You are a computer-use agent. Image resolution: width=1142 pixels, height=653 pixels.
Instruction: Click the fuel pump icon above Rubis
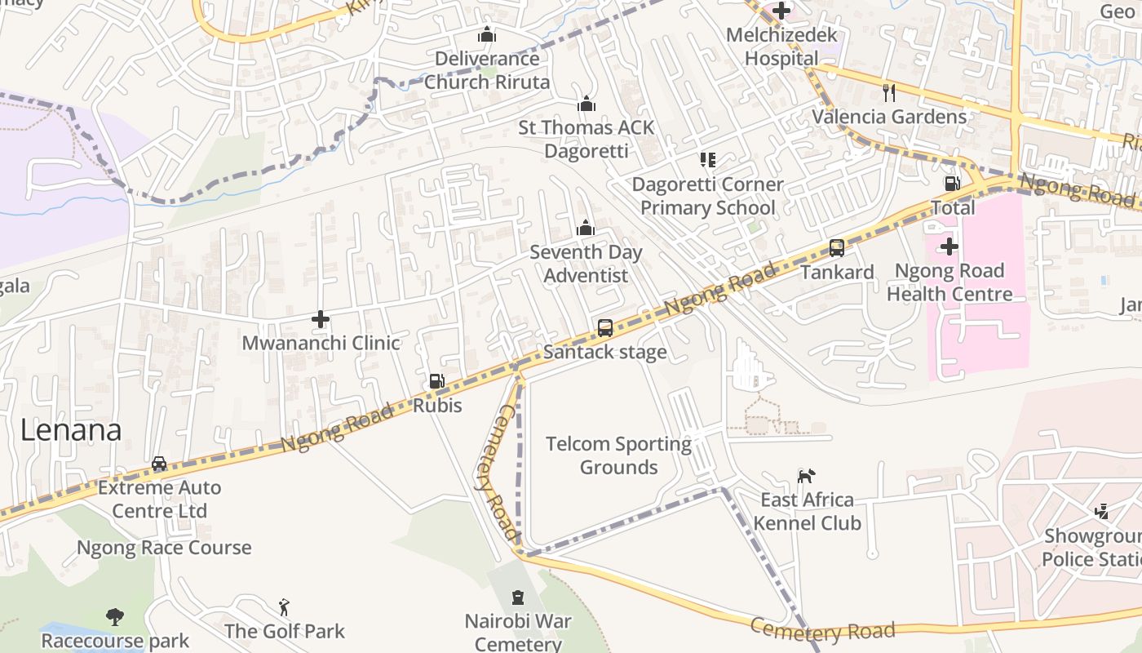point(437,380)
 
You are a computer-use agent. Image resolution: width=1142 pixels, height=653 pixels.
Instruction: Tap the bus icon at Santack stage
point(604,328)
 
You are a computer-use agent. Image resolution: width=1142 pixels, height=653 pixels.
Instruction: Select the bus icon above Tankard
point(836,248)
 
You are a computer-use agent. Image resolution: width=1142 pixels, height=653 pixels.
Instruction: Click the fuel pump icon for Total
point(951,184)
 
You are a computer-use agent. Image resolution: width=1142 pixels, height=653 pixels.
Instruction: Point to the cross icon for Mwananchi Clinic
point(321,319)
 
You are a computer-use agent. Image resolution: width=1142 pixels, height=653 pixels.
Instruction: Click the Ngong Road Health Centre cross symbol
point(949,247)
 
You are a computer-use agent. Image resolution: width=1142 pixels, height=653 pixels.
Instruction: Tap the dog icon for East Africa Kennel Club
point(806,476)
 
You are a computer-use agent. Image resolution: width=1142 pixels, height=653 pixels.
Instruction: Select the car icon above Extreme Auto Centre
point(159,464)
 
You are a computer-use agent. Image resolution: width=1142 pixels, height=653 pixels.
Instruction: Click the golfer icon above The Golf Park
point(284,607)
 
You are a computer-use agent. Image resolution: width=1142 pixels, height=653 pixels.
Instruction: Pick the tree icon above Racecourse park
point(115,617)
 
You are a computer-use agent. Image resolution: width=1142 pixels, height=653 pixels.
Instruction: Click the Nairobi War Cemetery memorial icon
point(517,597)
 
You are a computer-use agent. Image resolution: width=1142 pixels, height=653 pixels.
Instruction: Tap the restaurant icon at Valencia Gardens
point(888,92)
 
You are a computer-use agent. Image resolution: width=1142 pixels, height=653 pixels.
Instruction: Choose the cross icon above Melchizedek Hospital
point(781,11)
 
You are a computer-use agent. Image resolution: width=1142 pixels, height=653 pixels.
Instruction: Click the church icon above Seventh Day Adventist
point(585,229)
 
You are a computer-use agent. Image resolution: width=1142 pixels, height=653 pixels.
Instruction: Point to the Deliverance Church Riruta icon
point(486,35)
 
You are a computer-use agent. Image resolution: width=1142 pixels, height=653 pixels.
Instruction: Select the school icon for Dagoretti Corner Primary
point(707,160)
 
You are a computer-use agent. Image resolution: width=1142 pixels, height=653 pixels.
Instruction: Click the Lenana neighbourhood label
point(71,430)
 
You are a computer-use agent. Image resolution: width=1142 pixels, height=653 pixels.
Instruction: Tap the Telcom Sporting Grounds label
point(618,455)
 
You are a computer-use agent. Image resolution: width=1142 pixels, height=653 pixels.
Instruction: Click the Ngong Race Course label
point(164,547)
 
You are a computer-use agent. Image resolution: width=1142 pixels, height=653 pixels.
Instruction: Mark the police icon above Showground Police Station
point(1101,512)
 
